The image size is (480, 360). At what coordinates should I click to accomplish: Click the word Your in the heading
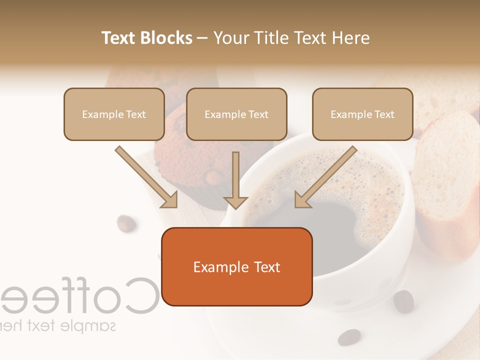(x=230, y=38)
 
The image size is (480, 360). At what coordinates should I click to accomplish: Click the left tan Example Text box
(x=114, y=114)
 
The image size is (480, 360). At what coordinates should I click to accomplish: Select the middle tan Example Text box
(x=236, y=114)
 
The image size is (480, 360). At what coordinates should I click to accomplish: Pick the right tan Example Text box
(x=362, y=114)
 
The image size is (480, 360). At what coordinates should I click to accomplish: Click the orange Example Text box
(x=236, y=267)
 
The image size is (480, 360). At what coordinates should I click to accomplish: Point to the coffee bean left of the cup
(x=126, y=223)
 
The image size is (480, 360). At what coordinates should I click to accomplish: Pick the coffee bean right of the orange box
(x=403, y=301)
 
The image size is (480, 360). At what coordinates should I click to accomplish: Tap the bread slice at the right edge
(x=447, y=185)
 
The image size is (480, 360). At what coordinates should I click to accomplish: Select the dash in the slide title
(x=202, y=38)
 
